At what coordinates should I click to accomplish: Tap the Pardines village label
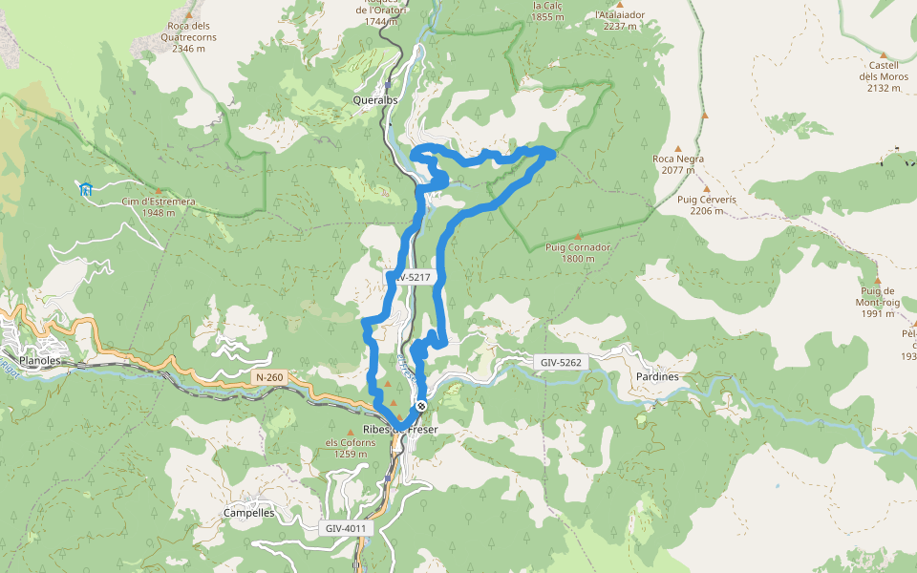tap(657, 376)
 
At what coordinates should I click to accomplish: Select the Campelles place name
tap(248, 513)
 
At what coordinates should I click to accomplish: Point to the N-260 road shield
tap(269, 378)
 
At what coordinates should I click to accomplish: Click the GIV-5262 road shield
tap(560, 363)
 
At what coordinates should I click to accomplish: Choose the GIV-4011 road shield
tap(345, 528)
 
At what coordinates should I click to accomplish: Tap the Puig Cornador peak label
tap(578, 246)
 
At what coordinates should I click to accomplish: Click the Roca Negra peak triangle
tap(678, 150)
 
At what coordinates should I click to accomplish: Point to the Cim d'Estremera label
tap(159, 202)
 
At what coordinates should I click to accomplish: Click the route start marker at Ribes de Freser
tap(421, 406)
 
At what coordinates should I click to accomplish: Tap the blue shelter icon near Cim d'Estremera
tap(86, 189)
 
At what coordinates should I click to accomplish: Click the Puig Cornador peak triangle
tap(578, 235)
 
